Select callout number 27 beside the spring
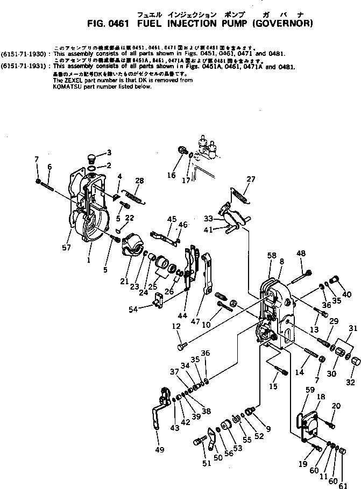coord(251,179)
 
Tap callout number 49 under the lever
coord(159,450)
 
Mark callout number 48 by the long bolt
coord(300,254)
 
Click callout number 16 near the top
coord(172,175)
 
